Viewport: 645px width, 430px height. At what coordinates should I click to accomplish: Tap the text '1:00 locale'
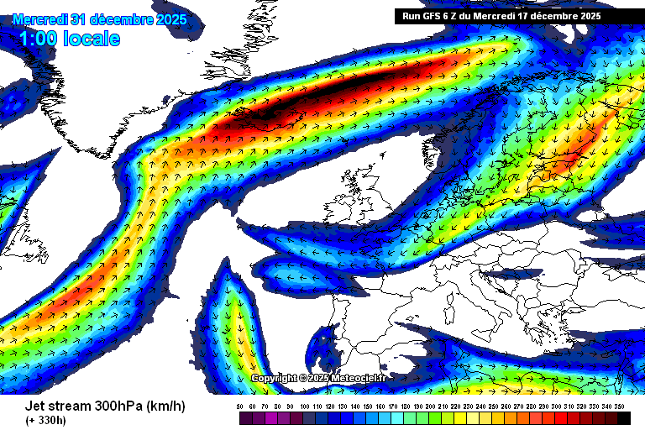pyautogui.click(x=69, y=39)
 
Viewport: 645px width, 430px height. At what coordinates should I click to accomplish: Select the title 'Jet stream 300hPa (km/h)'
pyautogui.click(x=105, y=406)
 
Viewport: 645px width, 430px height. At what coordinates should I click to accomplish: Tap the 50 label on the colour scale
pyautogui.click(x=240, y=406)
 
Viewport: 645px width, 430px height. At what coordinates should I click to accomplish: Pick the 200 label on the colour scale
pyautogui.click(x=432, y=406)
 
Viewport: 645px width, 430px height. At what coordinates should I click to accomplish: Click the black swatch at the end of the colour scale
pyautogui.click(x=623, y=417)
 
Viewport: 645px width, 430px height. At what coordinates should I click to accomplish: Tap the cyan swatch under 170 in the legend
pyautogui.click(x=393, y=417)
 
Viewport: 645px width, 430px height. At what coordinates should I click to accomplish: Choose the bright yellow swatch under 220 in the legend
pyautogui.click(x=457, y=417)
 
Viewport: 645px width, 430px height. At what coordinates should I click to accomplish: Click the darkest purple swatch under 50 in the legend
pyautogui.click(x=240, y=417)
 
